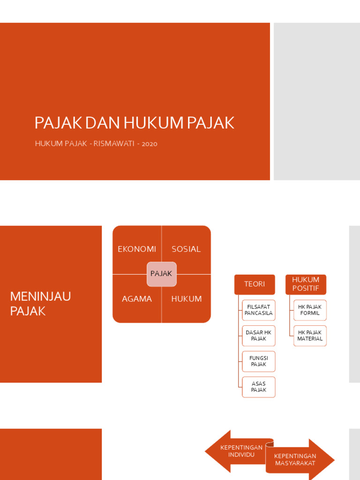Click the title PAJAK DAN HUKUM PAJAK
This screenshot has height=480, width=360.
pos(134,123)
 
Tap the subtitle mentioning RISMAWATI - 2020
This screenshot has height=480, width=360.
pos(96,143)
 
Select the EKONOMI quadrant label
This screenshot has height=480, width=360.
pos(137,249)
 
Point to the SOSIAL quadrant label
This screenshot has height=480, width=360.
pos(186,249)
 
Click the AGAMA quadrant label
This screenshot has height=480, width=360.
pos(137,299)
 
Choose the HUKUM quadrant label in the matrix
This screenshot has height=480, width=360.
pos(187,299)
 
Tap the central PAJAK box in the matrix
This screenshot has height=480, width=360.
pos(161,274)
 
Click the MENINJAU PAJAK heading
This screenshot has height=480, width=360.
pos(41,303)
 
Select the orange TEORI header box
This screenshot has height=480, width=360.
pos(255,284)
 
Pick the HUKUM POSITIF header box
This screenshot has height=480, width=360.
pos(306,284)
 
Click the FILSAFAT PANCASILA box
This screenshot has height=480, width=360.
pos(258,310)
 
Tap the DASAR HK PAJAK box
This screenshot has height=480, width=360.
pos(258,336)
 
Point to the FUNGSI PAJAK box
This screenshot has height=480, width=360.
pos(258,361)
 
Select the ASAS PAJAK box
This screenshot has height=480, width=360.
pos(258,387)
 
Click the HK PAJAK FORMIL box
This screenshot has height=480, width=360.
pos(310,310)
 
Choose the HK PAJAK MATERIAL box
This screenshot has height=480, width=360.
pos(310,336)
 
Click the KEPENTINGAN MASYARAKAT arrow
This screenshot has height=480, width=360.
pos(297,459)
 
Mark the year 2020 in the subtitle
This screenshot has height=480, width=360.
pos(150,143)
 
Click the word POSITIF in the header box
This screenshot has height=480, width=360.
pos(306,288)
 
